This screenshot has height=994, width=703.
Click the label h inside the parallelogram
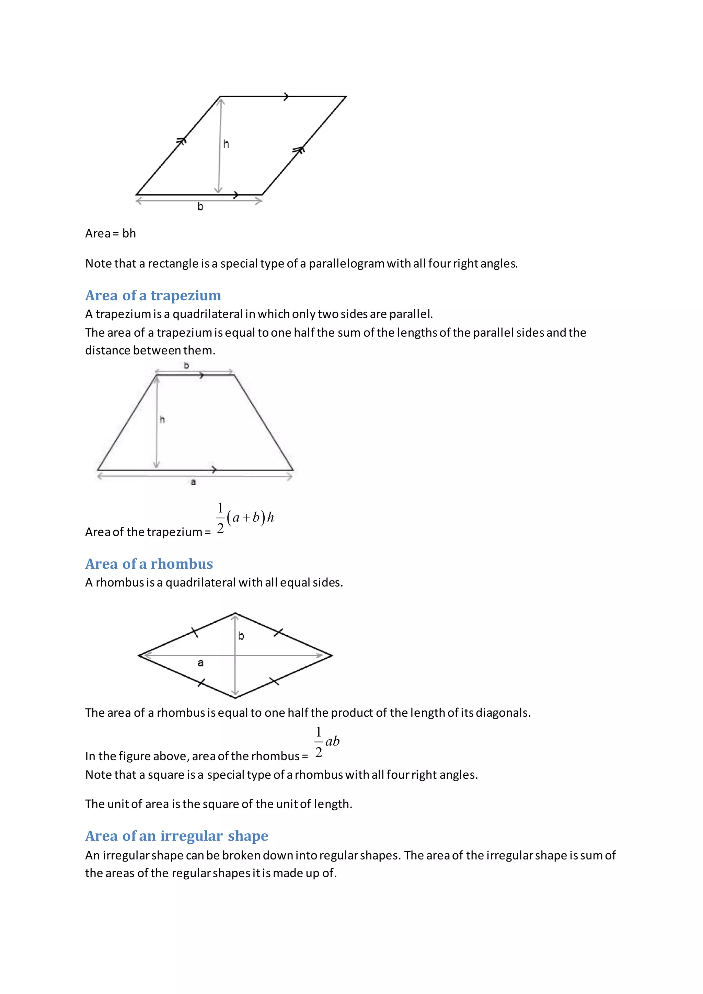coord(226,144)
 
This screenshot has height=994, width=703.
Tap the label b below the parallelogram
coord(200,207)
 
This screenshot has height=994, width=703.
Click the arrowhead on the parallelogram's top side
coord(286,96)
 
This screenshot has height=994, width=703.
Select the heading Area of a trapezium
coord(153,295)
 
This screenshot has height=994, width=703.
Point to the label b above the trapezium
coord(187,366)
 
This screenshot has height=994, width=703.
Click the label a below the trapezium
coord(194,482)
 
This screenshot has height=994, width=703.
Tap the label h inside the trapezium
coord(162,419)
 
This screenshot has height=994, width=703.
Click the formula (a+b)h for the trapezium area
coord(250,517)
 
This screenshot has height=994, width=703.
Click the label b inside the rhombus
coord(241,636)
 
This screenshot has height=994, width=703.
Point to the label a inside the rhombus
coord(200,662)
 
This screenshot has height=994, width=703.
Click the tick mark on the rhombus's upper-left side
coord(195,633)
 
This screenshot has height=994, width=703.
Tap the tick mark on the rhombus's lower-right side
coord(275,681)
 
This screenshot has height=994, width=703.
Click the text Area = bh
coord(111,233)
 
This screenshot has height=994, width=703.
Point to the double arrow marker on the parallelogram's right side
coord(299,150)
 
